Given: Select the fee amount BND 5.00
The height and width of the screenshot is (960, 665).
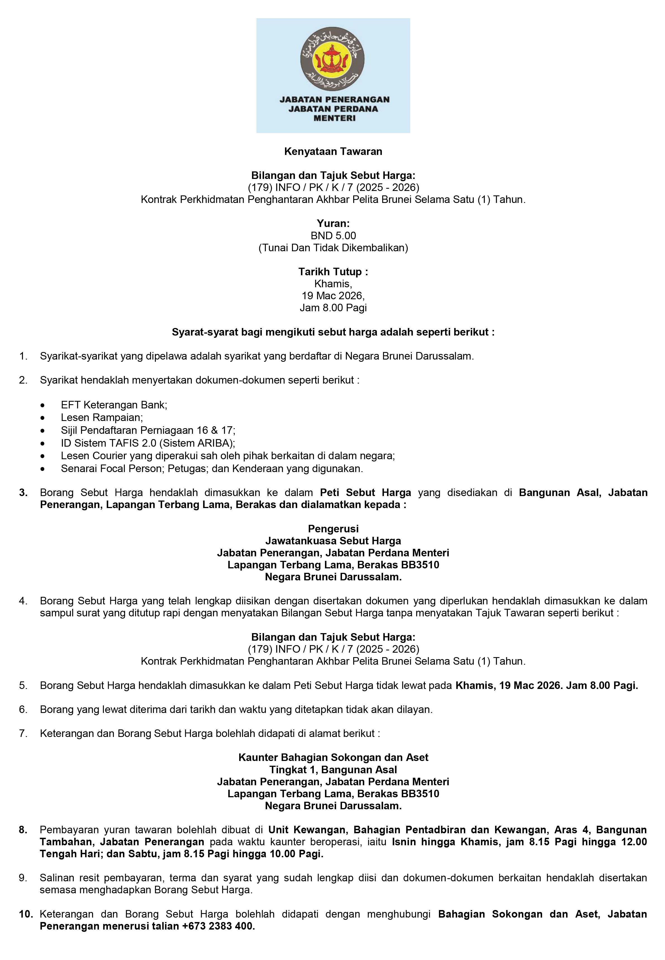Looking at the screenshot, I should (x=333, y=236).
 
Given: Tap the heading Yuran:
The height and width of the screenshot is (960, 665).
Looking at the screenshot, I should (x=333, y=224).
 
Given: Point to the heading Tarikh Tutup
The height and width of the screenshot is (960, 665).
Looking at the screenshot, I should (x=333, y=272).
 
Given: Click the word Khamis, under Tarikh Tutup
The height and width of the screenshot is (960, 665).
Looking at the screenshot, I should (x=333, y=284).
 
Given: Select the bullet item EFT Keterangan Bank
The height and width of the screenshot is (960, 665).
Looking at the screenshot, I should (x=114, y=405).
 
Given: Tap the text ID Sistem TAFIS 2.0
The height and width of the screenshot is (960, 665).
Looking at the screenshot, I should (x=108, y=443).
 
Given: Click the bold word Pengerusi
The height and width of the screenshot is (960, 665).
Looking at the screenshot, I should (x=333, y=529).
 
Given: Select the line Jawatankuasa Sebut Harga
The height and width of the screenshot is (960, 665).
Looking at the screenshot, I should (x=333, y=541).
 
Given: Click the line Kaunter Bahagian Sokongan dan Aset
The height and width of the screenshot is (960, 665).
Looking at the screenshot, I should (x=333, y=757).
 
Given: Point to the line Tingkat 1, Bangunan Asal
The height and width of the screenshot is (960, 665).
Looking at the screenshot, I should (x=333, y=770).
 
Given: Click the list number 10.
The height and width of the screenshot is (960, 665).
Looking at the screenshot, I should (x=25, y=914).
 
